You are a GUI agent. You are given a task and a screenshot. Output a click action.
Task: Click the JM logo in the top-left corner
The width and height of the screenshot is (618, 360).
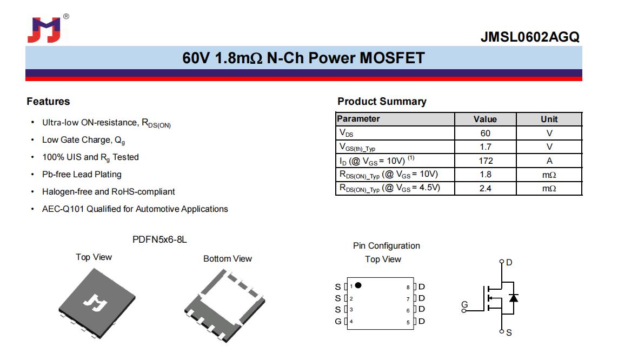pyautogui.click(x=44, y=30)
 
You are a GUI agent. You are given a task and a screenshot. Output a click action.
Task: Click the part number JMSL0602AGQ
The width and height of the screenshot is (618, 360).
pyautogui.click(x=530, y=37)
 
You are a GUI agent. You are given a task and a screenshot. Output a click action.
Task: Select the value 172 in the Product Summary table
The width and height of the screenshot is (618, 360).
pyautogui.click(x=486, y=161)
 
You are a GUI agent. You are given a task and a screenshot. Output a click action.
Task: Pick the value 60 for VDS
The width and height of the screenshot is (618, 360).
pyautogui.click(x=485, y=133)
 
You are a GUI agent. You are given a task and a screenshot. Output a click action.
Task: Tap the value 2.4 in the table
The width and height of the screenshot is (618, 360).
pyautogui.click(x=485, y=188)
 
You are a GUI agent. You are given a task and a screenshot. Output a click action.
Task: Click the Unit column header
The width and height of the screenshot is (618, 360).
pyautogui.click(x=549, y=119)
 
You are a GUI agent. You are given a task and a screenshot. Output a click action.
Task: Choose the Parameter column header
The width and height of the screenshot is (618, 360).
pyautogui.click(x=358, y=118)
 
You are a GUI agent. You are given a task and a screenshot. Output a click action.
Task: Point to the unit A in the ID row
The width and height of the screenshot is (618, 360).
pyautogui.click(x=549, y=161)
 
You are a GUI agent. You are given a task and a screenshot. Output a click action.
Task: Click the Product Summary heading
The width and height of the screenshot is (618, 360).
pyautogui.click(x=382, y=102)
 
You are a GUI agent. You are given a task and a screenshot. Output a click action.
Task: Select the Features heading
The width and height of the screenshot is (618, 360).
pyautogui.click(x=48, y=101)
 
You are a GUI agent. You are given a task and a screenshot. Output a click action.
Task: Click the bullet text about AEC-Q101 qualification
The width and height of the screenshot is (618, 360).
pyautogui.click(x=135, y=209)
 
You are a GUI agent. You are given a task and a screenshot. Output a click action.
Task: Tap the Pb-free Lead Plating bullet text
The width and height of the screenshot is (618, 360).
pyautogui.click(x=82, y=174)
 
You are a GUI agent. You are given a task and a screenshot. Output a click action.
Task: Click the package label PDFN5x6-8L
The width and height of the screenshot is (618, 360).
pyautogui.click(x=160, y=239)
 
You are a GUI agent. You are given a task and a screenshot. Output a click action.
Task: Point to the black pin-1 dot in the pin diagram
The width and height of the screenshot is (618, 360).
pyautogui.click(x=358, y=285)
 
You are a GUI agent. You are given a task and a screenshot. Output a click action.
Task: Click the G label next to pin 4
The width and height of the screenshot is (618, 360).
pyautogui.click(x=338, y=322)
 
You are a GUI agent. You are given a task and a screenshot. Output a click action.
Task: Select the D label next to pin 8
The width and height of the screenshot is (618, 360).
pyautogui.click(x=422, y=286)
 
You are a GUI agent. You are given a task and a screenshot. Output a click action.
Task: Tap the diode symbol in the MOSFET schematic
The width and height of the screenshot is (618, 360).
pyautogui.click(x=513, y=298)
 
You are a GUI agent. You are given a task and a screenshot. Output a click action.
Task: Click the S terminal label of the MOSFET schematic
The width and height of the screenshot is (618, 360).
pyautogui.click(x=509, y=333)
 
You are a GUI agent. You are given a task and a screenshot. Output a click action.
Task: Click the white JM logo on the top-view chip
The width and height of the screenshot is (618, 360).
pyautogui.click(x=95, y=303)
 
